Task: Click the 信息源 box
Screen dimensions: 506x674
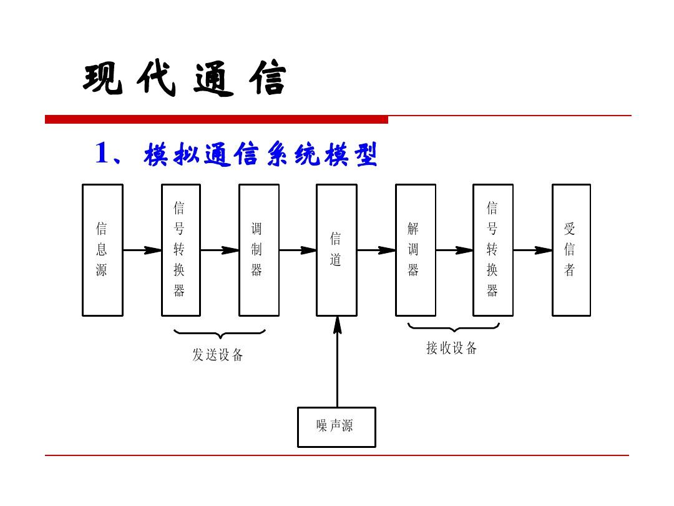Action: pos(102,250)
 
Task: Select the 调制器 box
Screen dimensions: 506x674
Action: pos(258,250)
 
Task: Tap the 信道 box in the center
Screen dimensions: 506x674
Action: pos(336,250)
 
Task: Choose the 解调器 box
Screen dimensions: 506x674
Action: pos(415,250)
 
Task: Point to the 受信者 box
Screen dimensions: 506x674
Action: pos(570,250)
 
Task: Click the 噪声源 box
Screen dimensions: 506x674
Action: pos(336,427)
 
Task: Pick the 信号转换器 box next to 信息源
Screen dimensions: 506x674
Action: pos(180,250)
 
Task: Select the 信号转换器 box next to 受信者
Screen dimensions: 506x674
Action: pos(492,250)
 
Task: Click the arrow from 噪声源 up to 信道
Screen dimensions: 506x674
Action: pos(338,362)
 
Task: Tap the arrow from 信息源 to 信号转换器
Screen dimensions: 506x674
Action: pos(142,251)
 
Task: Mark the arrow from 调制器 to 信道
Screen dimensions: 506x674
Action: pos(298,251)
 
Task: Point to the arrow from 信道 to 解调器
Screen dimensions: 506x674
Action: pos(376,251)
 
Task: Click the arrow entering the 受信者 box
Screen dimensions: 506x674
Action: pos(532,251)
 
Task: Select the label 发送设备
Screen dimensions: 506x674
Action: pos(217,355)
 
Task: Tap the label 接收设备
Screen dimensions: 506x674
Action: pos(451,349)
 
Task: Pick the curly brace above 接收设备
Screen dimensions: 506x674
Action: pos(454,327)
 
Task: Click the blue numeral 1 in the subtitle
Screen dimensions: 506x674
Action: pos(102,154)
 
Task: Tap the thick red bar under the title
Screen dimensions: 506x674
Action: pos(216,120)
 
